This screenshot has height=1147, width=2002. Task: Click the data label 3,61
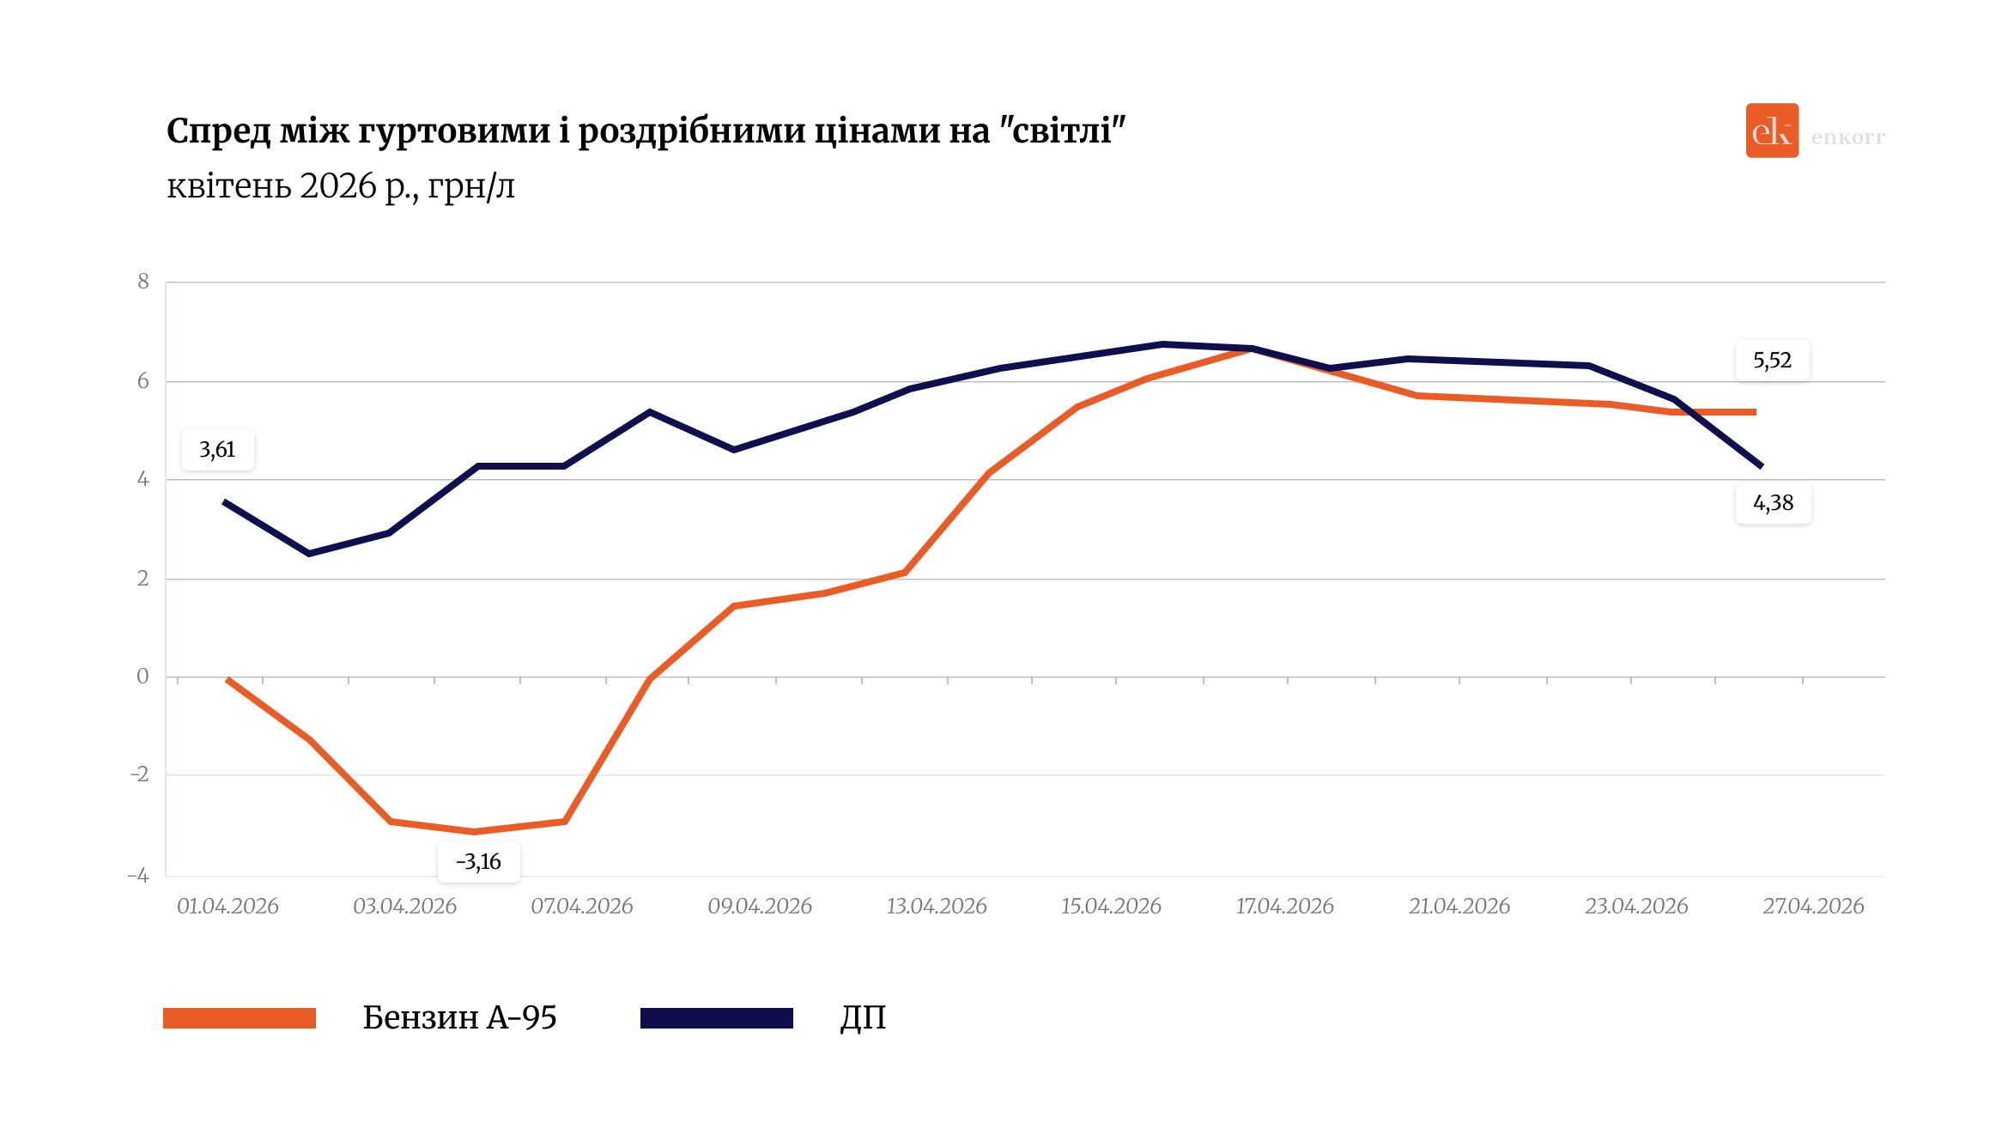217,450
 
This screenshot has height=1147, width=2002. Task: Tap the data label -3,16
478,862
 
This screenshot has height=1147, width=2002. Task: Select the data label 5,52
1772,361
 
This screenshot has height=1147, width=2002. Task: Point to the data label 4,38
1773,503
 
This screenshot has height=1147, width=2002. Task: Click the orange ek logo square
1771,130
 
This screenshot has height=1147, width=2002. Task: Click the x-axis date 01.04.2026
227,907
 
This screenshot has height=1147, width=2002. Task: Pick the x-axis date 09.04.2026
759,907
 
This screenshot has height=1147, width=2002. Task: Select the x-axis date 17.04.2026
1284,907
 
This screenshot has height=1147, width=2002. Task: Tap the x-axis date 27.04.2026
1813,907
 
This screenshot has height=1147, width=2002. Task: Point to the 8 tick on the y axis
143,282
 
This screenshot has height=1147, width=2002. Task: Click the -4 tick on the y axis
139,876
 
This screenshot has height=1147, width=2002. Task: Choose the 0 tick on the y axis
143,677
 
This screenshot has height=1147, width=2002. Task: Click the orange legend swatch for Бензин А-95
240,1018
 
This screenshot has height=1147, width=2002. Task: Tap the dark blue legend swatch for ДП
716,1018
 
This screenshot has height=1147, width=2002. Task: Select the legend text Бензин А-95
459,1018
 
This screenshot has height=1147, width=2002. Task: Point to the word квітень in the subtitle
228,185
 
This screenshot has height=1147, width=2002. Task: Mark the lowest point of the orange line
474,832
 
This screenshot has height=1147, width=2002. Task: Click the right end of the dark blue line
1761,466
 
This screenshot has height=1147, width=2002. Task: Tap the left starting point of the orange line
227,680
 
